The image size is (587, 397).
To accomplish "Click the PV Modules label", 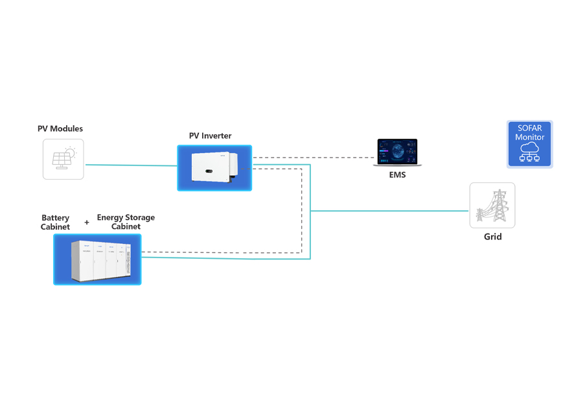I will (x=60, y=129).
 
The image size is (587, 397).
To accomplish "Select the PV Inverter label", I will (x=210, y=136).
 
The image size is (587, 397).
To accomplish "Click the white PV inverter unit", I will (x=213, y=168).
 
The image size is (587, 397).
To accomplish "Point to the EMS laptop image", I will (x=398, y=153).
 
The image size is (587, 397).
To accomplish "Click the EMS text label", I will (x=397, y=175).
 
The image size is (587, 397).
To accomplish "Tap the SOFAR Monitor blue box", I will (x=529, y=145).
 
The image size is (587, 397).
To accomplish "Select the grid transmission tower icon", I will (x=492, y=206).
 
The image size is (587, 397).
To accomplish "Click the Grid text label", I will (x=493, y=237).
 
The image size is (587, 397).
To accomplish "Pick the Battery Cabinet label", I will (x=55, y=223).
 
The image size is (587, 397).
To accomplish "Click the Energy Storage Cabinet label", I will (x=126, y=222).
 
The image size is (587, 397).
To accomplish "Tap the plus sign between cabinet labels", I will (x=87, y=223).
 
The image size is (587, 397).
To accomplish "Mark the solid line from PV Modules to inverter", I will (x=130, y=165).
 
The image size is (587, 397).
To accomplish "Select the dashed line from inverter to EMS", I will (x=311, y=158).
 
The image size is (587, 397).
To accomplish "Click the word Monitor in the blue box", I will (x=529, y=138).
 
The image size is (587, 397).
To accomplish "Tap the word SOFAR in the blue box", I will (x=529, y=128).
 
